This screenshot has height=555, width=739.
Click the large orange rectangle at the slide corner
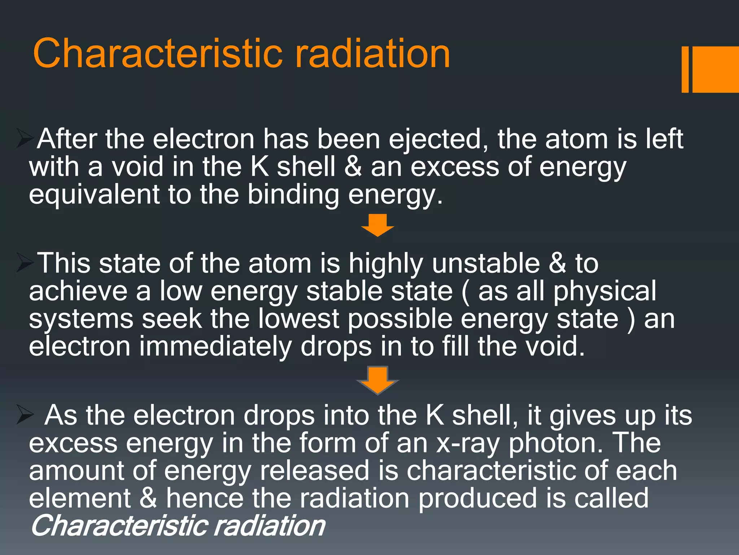click(715, 69)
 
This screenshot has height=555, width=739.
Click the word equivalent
click(94, 195)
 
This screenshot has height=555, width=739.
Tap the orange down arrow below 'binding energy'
click(377, 225)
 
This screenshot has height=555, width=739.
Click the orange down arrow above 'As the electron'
click(377, 380)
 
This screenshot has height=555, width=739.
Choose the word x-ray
click(468, 444)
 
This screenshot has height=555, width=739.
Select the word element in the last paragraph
click(80, 498)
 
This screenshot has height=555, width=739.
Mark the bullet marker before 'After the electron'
click(25, 139)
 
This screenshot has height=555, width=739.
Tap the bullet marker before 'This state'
click(25, 263)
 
